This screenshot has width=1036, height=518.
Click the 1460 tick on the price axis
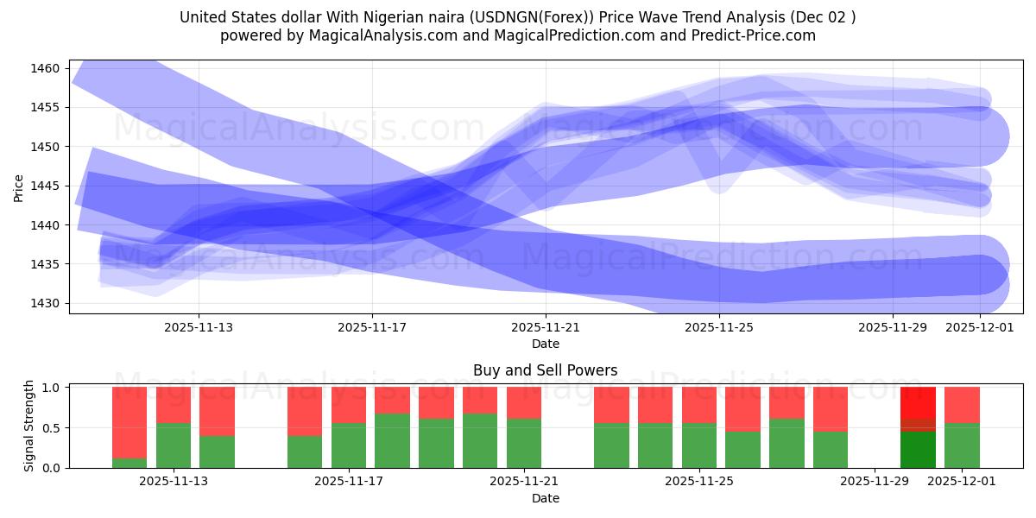point(47,68)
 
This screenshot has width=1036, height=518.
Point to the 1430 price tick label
point(47,303)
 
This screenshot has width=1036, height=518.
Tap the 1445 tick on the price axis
point(47,186)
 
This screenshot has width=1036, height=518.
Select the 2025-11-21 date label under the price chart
point(546,327)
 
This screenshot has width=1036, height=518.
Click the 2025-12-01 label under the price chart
point(979,327)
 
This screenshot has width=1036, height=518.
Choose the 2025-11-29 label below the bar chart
point(875,482)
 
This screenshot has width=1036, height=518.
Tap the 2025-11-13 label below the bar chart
point(174,482)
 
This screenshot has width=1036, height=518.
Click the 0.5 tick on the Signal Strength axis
point(52,427)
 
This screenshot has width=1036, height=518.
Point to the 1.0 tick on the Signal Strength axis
point(52,388)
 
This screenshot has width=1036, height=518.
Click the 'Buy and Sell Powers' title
point(545,370)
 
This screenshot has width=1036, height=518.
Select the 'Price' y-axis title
point(19,188)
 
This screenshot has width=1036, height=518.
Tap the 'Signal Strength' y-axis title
point(29,426)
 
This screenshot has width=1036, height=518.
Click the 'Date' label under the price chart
point(545,344)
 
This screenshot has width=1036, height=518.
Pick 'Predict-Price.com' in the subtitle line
point(761,35)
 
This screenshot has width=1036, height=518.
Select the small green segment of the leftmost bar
point(129,463)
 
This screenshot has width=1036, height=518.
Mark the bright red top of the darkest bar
point(918,402)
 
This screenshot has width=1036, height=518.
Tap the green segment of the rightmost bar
point(962,445)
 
